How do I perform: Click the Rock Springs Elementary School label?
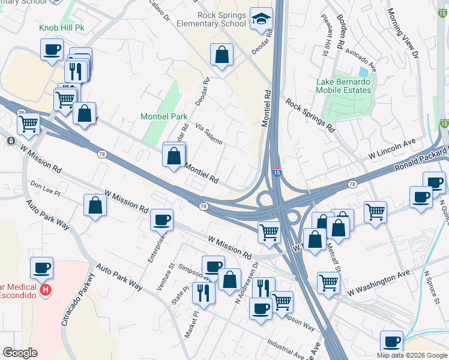[x=211, y=19]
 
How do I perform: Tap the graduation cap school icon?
[x=262, y=19]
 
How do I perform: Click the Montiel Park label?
[x=164, y=116]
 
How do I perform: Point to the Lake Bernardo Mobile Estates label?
[x=344, y=86]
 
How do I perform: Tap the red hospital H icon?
[x=44, y=291]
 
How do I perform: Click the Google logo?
[x=20, y=353]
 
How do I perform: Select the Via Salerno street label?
[x=209, y=134]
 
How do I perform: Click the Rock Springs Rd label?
[x=309, y=115]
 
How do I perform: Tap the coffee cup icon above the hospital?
[x=41, y=268]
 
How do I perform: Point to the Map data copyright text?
[x=411, y=355]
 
